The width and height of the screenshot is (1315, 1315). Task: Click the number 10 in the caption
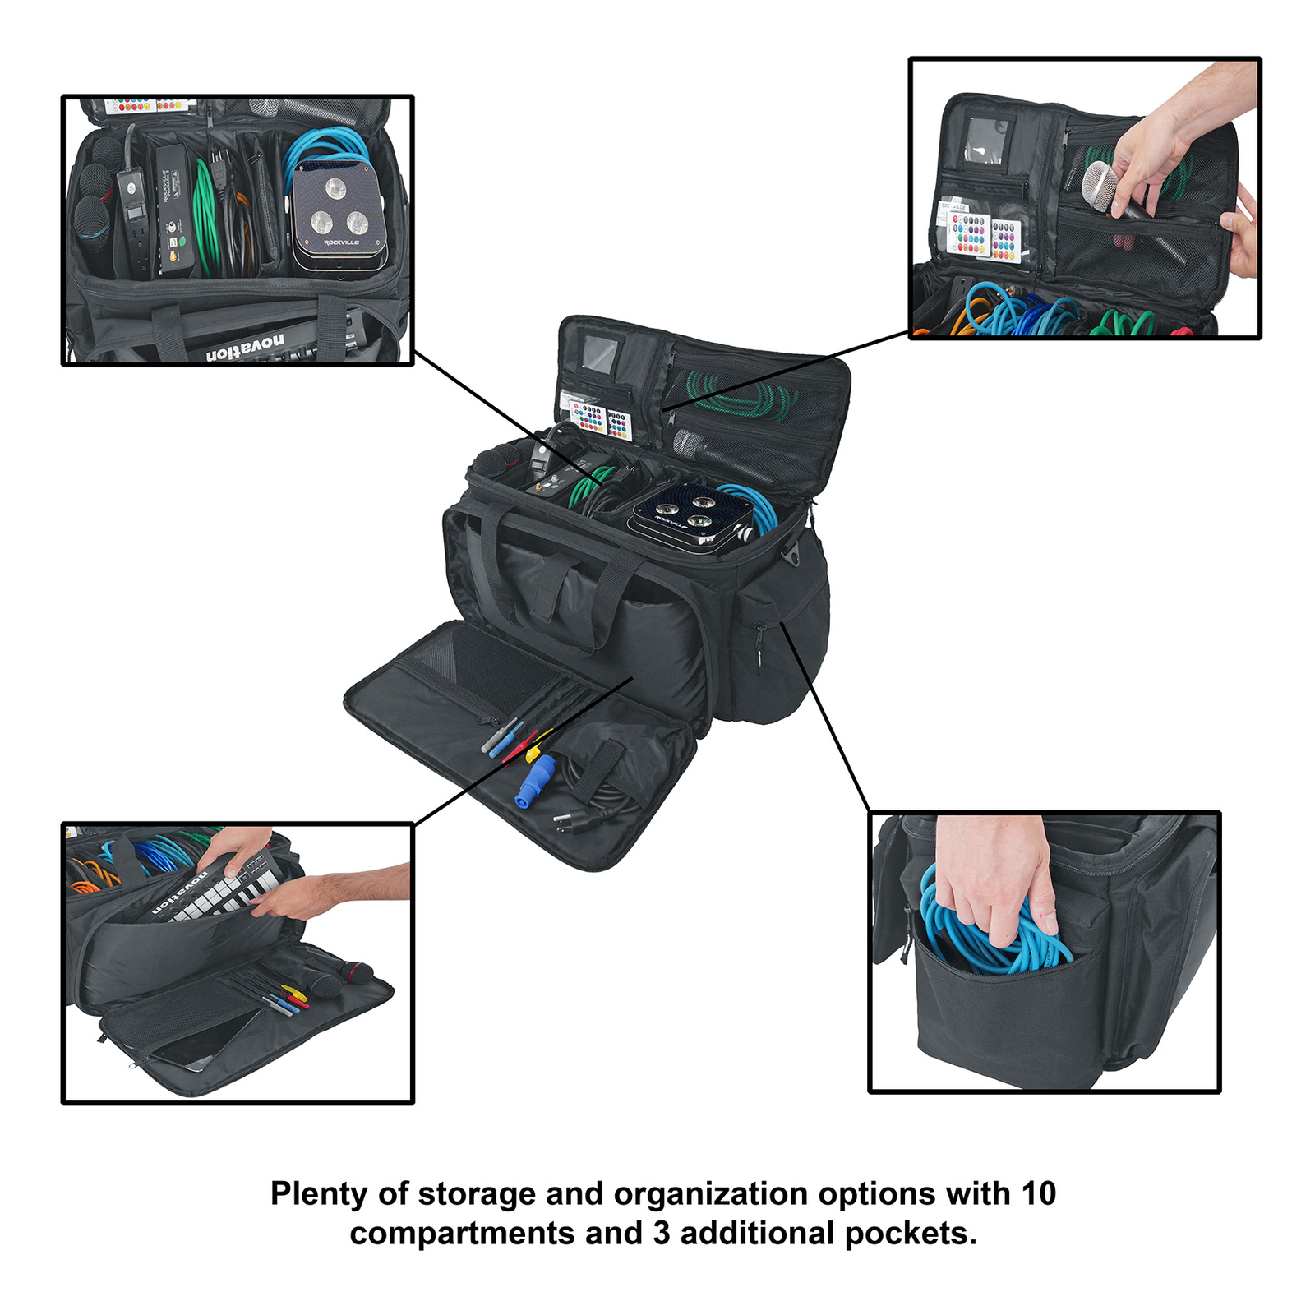coord(1038,1193)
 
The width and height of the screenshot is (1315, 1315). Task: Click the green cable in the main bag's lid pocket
coord(740,395)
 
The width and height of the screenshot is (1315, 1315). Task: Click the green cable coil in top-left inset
coord(206,218)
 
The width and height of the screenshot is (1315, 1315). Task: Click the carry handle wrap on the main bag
coord(547,588)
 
